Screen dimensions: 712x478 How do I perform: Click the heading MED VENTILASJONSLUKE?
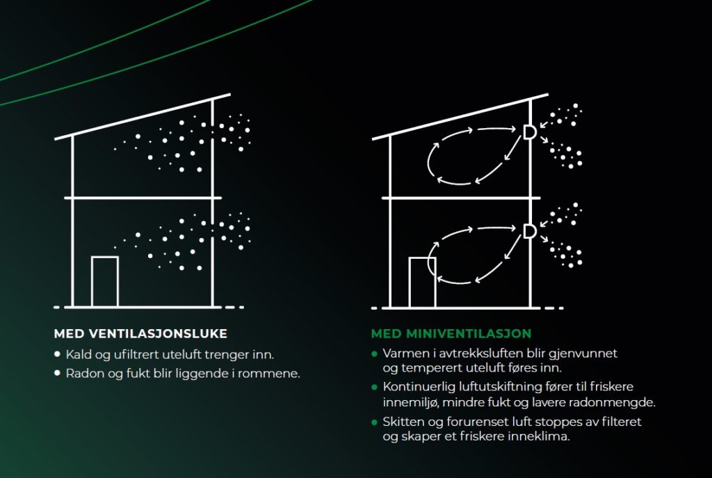[140, 333]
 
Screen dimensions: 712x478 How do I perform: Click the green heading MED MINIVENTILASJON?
[451, 333]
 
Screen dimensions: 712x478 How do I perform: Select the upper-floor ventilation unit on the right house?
[529, 132]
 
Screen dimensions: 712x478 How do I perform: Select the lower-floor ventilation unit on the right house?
[529, 231]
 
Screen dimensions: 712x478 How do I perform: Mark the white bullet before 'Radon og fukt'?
[57, 373]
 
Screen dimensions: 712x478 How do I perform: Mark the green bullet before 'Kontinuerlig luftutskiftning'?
[375, 387]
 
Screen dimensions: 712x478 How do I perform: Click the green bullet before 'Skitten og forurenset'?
[375, 422]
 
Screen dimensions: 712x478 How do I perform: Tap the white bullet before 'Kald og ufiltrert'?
[57, 354]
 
